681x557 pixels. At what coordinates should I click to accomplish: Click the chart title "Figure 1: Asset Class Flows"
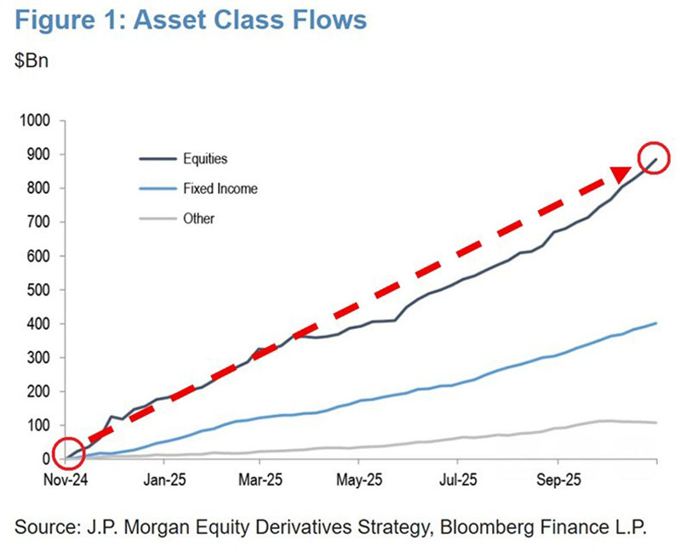click(x=191, y=20)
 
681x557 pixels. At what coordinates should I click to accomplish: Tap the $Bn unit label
click(x=31, y=60)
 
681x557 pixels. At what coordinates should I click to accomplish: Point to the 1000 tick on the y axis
click(x=34, y=120)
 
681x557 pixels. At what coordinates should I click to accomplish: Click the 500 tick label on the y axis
click(x=38, y=290)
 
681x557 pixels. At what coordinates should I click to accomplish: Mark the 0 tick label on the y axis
click(x=47, y=458)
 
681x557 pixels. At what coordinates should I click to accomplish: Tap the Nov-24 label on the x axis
click(x=66, y=480)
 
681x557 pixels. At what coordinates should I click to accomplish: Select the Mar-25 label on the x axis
click(x=260, y=480)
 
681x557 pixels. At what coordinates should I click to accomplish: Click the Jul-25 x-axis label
click(x=458, y=480)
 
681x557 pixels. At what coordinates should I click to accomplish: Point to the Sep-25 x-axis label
click(x=558, y=480)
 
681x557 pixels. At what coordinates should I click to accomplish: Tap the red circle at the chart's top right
click(x=654, y=142)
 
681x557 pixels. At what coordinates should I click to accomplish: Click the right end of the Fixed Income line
click(x=655, y=323)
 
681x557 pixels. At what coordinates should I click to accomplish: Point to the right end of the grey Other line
click(x=655, y=423)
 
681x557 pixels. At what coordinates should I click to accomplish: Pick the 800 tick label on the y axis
click(x=38, y=188)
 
